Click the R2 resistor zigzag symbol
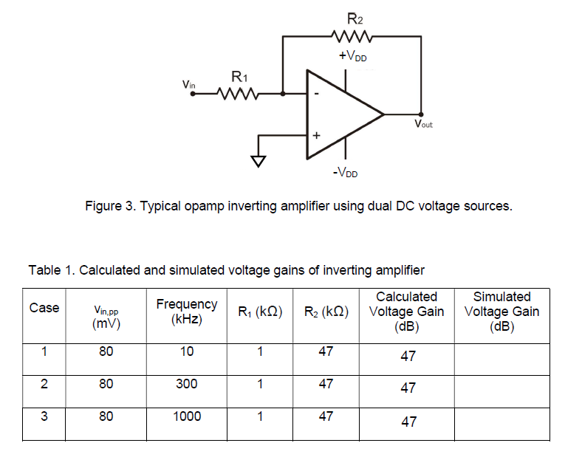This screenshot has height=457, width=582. [x=354, y=37]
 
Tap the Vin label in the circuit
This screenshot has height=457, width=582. [x=189, y=85]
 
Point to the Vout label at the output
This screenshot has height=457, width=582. [x=423, y=124]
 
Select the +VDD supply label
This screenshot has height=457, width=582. [x=352, y=58]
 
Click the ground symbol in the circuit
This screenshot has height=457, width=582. [x=258, y=160]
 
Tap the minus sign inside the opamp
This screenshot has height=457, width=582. [x=316, y=95]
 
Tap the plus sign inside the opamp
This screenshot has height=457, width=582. [x=316, y=136]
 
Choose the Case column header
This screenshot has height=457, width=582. [x=44, y=308]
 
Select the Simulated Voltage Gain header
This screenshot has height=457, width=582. [x=501, y=312]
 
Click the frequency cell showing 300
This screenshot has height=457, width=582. [x=187, y=384]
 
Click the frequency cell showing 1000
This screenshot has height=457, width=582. [x=187, y=416]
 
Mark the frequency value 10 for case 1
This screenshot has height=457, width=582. [x=187, y=352]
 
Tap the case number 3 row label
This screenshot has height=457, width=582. [x=44, y=416]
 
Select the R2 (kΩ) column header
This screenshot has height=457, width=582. [x=326, y=312]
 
